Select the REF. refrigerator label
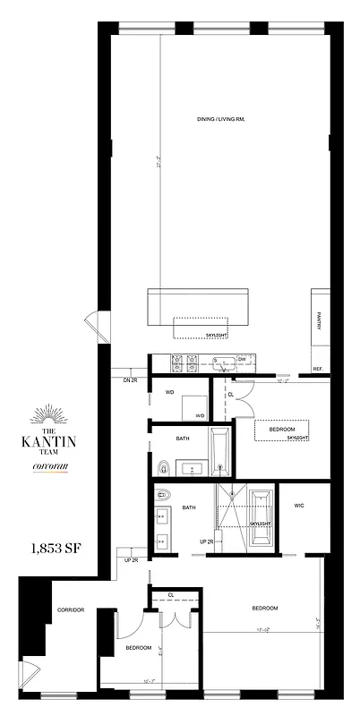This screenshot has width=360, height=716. [317, 369]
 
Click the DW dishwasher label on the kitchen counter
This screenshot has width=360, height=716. [242, 359]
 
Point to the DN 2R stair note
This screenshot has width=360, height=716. [130, 380]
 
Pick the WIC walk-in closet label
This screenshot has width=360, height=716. [300, 506]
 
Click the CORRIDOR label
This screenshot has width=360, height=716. [70, 609]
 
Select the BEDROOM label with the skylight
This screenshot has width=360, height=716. [282, 430]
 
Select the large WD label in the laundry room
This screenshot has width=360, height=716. [168, 392]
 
